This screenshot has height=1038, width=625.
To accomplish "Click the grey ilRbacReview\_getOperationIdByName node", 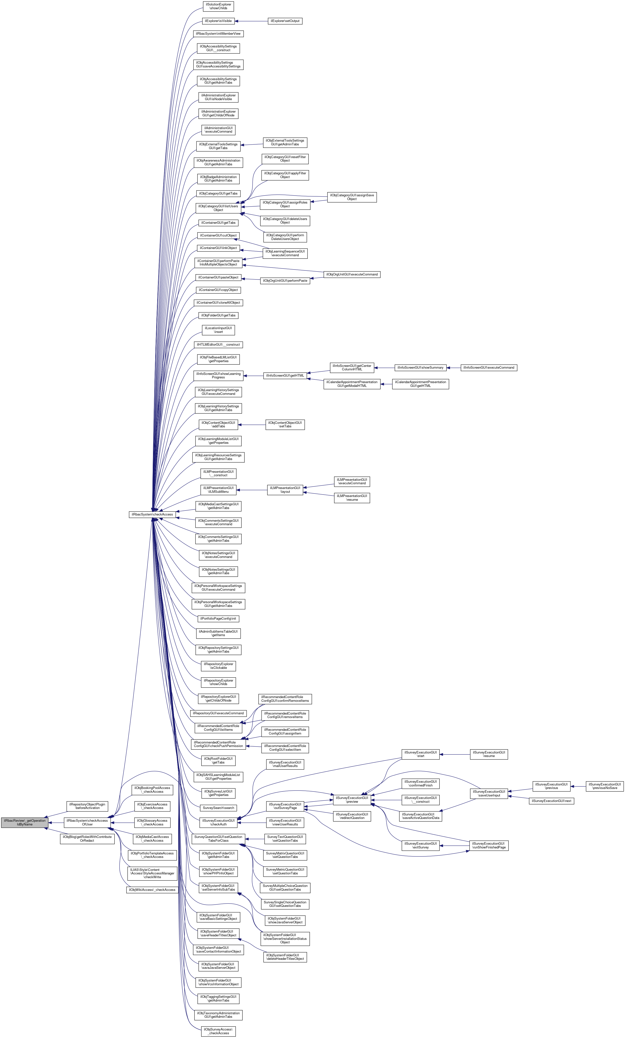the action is pyautogui.click(x=24, y=822).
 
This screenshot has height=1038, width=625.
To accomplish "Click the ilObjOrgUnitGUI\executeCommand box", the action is pyautogui.click(x=352, y=274).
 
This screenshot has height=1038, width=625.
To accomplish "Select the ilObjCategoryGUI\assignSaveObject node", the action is pyautogui.click(x=352, y=197).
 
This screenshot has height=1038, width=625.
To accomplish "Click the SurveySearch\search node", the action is pyautogui.click(x=218, y=807).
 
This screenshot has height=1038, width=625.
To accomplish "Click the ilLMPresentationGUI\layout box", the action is pyautogui.click(x=285, y=490).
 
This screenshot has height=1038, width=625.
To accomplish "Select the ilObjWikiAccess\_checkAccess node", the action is pyautogui.click(x=152, y=890).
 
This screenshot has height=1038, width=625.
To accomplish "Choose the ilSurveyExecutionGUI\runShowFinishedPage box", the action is pyautogui.click(x=489, y=845).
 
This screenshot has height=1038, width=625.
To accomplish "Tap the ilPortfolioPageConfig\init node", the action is pyautogui.click(x=218, y=618).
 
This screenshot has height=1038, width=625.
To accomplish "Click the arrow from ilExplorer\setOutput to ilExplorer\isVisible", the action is pyautogui.click(x=251, y=21).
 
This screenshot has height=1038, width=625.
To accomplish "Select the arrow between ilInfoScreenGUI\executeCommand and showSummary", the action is pyautogui.click(x=454, y=367).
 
